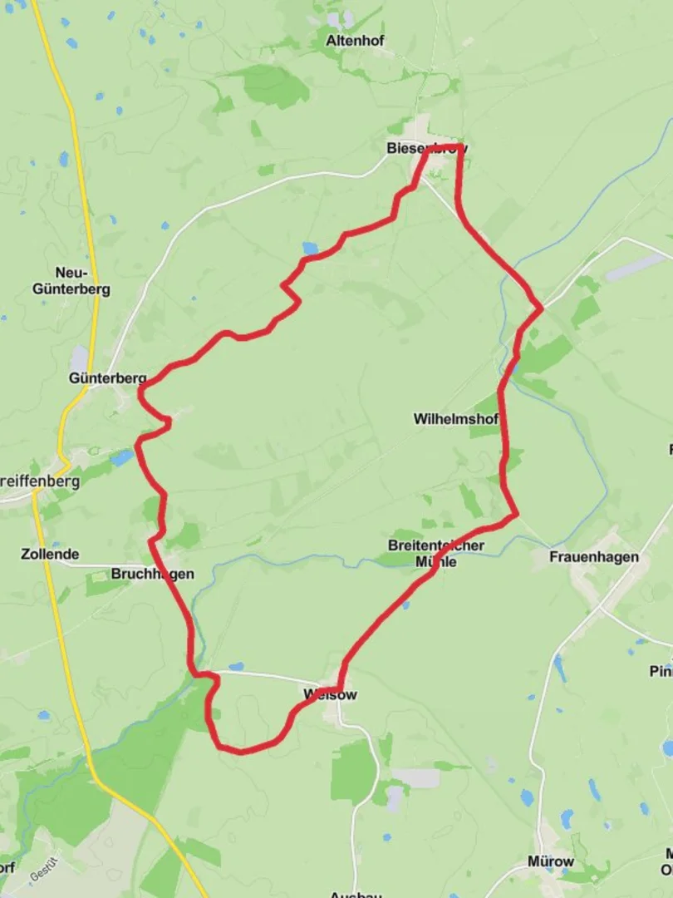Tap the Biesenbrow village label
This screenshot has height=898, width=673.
tap(426, 149)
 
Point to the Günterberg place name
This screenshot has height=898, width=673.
tap(108, 378)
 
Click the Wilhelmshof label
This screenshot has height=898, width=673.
tap(456, 419)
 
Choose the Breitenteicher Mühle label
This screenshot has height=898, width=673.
tap(435, 553)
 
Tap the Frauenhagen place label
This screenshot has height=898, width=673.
tap(594, 557)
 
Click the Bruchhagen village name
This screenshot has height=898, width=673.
tap(152, 574)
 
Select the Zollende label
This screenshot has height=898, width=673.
tap(51, 554)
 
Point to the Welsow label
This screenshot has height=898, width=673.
tap(330, 694)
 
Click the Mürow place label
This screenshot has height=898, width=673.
tap(550, 861)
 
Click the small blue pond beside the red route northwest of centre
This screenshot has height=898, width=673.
tap(310, 248)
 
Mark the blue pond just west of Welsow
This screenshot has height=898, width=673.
tap(236, 667)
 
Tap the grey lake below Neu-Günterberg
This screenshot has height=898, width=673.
tap(80, 360)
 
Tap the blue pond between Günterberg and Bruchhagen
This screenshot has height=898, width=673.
tap(121, 457)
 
